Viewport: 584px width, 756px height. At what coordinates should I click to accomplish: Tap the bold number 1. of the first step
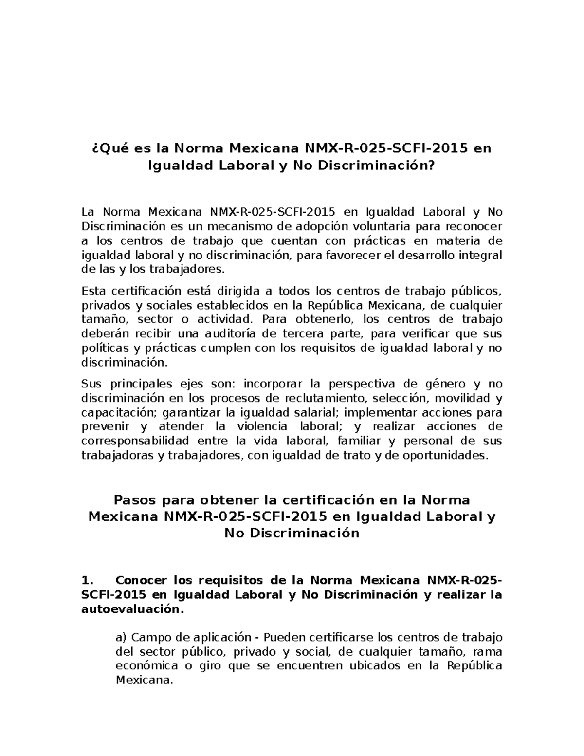click(x=87, y=580)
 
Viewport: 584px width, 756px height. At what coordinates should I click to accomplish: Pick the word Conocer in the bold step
click(x=142, y=580)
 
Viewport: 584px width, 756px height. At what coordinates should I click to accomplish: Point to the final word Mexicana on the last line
click(x=144, y=680)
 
